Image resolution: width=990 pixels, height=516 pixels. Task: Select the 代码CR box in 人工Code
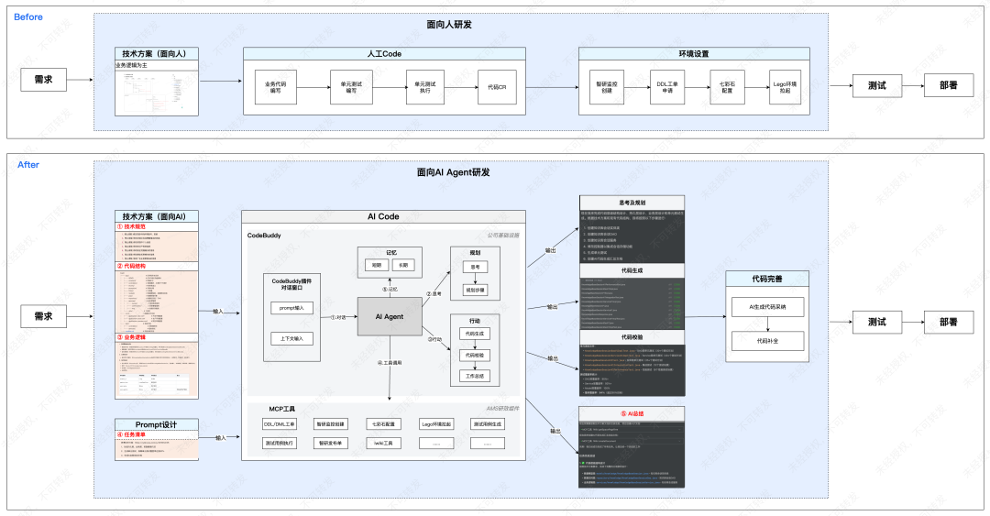point(497,87)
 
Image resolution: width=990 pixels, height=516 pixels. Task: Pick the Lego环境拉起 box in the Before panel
point(784,87)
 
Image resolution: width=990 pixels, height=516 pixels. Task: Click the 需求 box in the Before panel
point(43,80)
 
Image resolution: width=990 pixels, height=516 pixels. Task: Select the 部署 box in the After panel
point(948,322)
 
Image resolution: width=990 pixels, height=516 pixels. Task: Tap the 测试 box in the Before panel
point(876,86)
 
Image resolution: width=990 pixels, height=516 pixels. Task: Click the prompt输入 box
point(291,307)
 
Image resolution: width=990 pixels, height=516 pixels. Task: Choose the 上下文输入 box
point(291,338)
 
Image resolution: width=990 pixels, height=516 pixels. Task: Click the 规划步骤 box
point(475,289)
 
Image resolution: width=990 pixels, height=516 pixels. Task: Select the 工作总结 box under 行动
point(475,375)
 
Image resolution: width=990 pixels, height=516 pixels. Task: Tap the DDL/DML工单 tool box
point(279,424)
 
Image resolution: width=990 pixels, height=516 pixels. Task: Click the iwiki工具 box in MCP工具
point(383,443)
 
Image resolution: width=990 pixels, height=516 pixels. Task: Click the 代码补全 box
point(766,340)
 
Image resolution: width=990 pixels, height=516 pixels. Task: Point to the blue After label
point(27,165)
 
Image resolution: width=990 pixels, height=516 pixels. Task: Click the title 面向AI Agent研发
point(453,172)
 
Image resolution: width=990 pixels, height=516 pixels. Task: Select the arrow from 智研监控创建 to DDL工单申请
point(632,87)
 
